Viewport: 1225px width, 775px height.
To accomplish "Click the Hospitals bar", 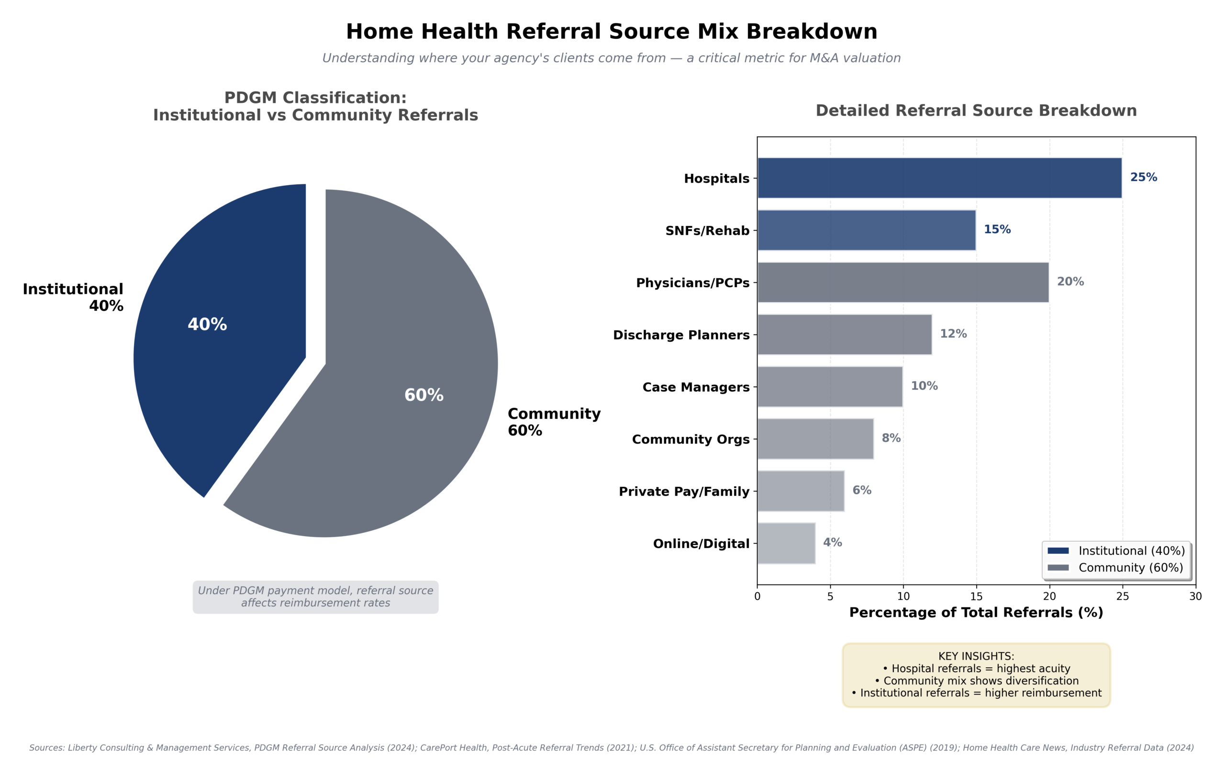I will tap(939, 178).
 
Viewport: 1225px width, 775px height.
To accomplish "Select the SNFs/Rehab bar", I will tap(866, 230).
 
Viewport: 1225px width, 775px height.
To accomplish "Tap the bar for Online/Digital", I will tap(786, 543).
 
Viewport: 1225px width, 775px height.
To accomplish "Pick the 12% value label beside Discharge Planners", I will tap(953, 334).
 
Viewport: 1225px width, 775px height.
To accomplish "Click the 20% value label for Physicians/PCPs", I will tap(1070, 281).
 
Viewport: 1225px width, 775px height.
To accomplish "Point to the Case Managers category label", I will tap(695, 387).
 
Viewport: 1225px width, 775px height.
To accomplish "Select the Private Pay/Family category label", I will tap(684, 492).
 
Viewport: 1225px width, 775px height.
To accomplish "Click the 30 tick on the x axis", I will tap(1195, 596).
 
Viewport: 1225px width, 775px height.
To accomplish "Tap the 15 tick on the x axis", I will tap(976, 596).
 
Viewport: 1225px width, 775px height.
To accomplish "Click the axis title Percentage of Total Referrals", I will tap(976, 612).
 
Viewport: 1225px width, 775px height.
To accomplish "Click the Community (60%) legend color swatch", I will tap(1058, 567).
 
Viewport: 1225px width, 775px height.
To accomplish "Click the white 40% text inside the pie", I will tap(207, 324).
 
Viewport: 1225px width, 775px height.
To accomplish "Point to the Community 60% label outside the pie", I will tap(554, 422).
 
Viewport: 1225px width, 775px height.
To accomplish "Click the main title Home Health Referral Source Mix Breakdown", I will tap(612, 32).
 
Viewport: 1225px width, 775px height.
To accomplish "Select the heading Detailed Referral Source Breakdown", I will tap(976, 111).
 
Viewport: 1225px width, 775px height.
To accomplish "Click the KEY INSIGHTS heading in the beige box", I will tap(976, 656).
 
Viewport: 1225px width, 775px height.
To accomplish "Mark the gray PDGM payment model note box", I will tap(315, 596).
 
